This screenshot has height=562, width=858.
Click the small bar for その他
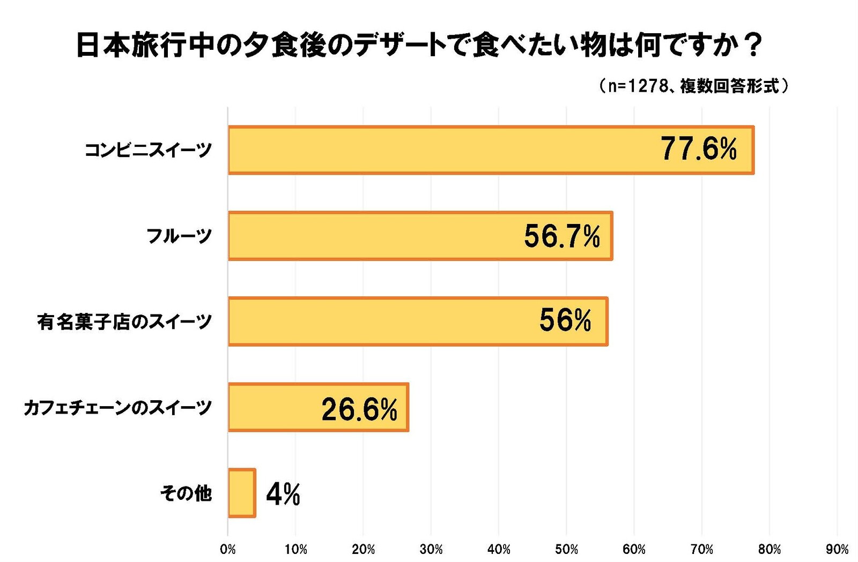pyautogui.click(x=242, y=493)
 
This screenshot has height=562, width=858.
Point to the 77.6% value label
pyautogui.click(x=699, y=149)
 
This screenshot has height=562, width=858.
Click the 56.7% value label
pyautogui.click(x=562, y=236)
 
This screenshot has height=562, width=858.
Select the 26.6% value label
pyautogui.click(x=359, y=409)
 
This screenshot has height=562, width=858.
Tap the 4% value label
pyautogui.click(x=283, y=493)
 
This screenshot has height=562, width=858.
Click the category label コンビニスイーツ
pyautogui.click(x=149, y=150)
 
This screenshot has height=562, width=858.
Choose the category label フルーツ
pyautogui.click(x=179, y=236)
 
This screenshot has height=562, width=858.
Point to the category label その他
pyautogui.click(x=186, y=493)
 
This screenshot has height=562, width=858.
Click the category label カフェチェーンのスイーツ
pyautogui.click(x=118, y=408)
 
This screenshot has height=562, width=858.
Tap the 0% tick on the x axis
pyautogui.click(x=228, y=549)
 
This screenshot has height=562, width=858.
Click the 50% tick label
pyautogui.click(x=566, y=549)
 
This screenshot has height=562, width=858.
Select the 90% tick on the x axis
pyautogui.click(x=837, y=549)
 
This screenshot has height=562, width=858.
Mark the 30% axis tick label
pyautogui.click(x=431, y=549)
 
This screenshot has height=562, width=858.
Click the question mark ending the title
pyautogui.click(x=753, y=45)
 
